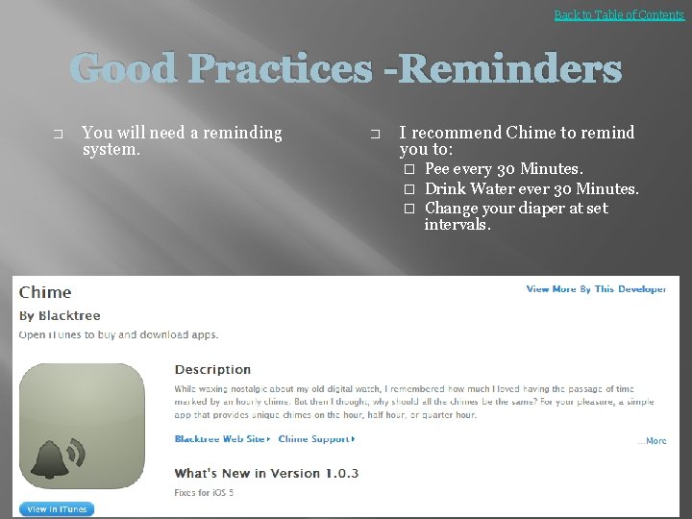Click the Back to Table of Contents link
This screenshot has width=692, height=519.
619,14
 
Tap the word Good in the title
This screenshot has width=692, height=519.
124,69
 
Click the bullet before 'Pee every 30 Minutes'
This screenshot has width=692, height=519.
408,170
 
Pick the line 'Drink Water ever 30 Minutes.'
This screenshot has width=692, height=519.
531,188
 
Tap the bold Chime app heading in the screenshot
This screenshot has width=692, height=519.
45,292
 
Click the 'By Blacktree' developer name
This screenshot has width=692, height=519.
60,315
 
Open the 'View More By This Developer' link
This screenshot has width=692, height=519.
596,289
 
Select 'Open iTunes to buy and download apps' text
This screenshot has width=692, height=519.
118,334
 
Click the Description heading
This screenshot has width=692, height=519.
212,369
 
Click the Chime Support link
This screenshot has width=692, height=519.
315,439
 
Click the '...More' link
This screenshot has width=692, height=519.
652,441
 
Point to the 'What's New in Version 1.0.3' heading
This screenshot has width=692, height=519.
266,473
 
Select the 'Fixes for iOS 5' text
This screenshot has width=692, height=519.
204,493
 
